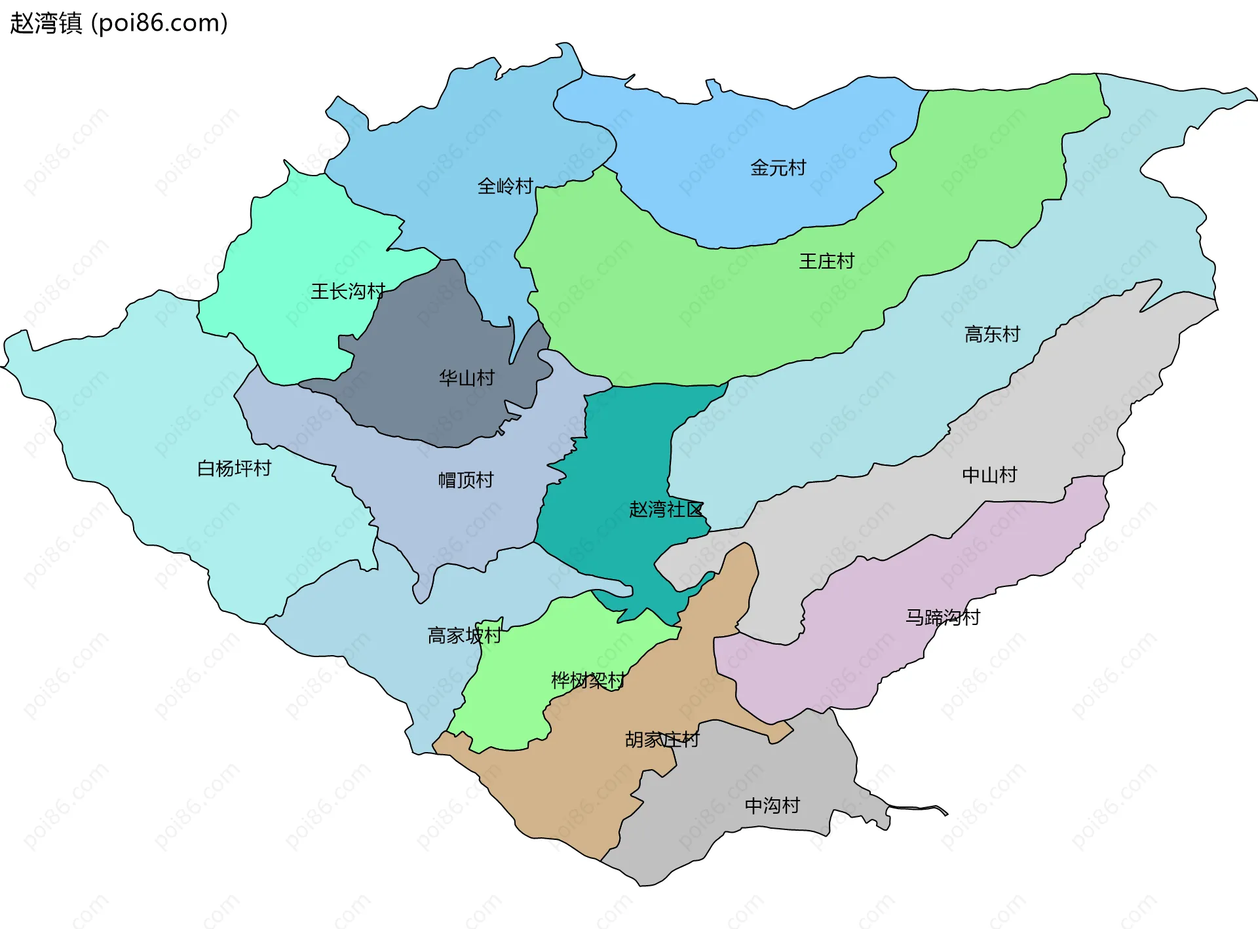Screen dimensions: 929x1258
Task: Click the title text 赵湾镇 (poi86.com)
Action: [119, 23]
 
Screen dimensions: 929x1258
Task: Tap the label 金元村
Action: [778, 168]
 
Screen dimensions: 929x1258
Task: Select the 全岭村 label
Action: [505, 186]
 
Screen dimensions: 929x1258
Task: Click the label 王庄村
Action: [826, 261]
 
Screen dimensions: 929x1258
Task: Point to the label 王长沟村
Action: [347, 291]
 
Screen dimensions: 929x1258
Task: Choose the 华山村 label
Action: [467, 378]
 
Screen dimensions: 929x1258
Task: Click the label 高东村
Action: [992, 334]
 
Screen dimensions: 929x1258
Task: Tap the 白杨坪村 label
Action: [234, 468]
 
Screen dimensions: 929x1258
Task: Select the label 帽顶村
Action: [465, 480]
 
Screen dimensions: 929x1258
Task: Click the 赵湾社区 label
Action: [666, 509]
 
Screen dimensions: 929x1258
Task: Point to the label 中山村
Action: [989, 474]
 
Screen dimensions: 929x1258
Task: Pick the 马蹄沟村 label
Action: [942, 616]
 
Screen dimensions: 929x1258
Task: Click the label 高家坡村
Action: [464, 635]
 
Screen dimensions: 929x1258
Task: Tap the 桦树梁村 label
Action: [588, 680]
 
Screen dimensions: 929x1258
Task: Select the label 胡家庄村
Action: [662, 739]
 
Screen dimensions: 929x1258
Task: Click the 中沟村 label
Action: [772, 805]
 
